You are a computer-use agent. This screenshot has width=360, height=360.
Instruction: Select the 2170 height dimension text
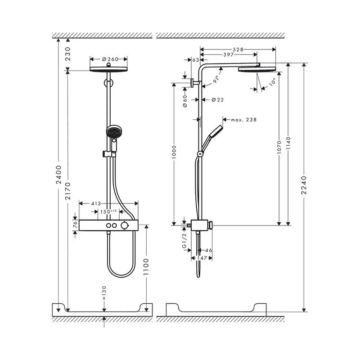[68, 191]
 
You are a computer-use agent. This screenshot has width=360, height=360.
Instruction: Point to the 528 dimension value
[238, 49]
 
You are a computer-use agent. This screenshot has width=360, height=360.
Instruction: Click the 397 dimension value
[228, 54]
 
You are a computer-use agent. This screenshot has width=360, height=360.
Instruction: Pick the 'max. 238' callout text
[243, 120]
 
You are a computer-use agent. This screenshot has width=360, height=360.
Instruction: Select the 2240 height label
[304, 185]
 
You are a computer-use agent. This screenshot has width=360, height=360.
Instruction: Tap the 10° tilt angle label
[272, 82]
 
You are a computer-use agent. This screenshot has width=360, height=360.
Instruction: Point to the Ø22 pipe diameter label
[217, 99]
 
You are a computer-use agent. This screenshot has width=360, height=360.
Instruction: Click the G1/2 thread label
[184, 240]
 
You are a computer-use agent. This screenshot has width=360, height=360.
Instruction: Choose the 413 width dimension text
[96, 203]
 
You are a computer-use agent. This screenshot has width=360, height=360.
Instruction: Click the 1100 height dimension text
[146, 267]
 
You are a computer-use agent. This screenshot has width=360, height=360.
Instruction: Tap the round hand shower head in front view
[114, 131]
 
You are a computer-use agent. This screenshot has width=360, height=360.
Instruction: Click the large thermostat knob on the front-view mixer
[125, 225]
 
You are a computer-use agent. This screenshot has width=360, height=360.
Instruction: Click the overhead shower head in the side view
[256, 69]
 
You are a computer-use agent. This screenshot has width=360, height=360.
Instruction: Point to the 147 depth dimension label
[202, 258]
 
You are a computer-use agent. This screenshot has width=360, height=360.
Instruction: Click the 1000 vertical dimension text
[174, 152]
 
